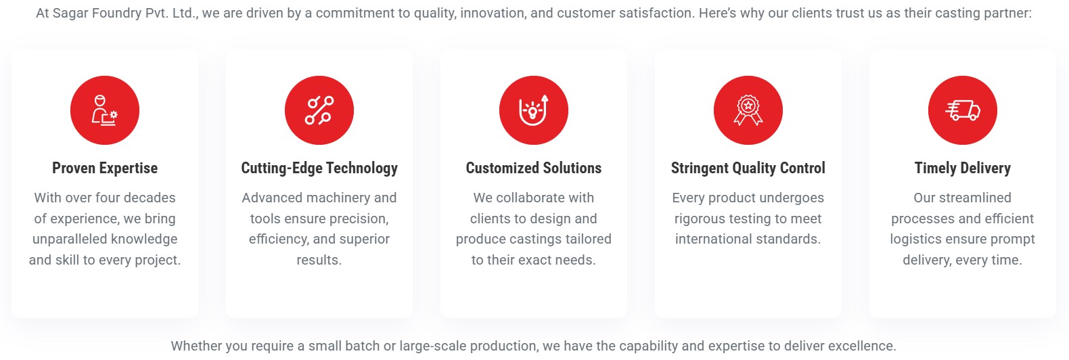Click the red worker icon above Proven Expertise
tap(105, 110)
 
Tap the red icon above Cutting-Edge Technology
tap(319, 110)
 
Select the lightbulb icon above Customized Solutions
tap(534, 110)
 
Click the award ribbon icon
tap(748, 110)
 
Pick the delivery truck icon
tap(963, 110)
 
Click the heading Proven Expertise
tap(105, 168)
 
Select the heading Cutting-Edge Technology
tap(319, 168)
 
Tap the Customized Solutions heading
tap(534, 168)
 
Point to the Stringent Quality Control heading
tap(748, 168)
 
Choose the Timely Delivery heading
tap(963, 168)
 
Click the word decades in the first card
tap(153, 198)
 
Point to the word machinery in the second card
tap(336, 198)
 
